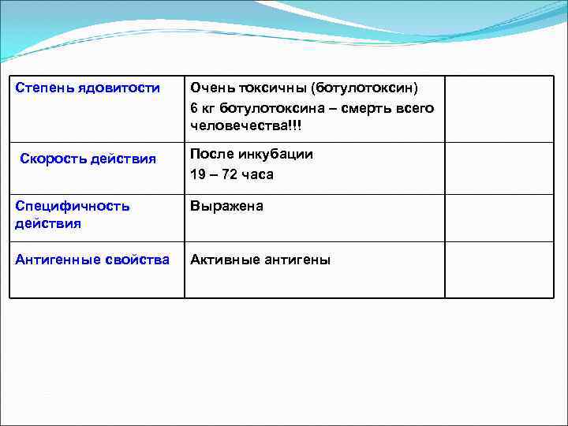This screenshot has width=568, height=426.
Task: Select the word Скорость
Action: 50,159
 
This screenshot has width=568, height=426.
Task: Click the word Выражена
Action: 226,206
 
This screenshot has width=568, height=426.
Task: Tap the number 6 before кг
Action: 194,107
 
